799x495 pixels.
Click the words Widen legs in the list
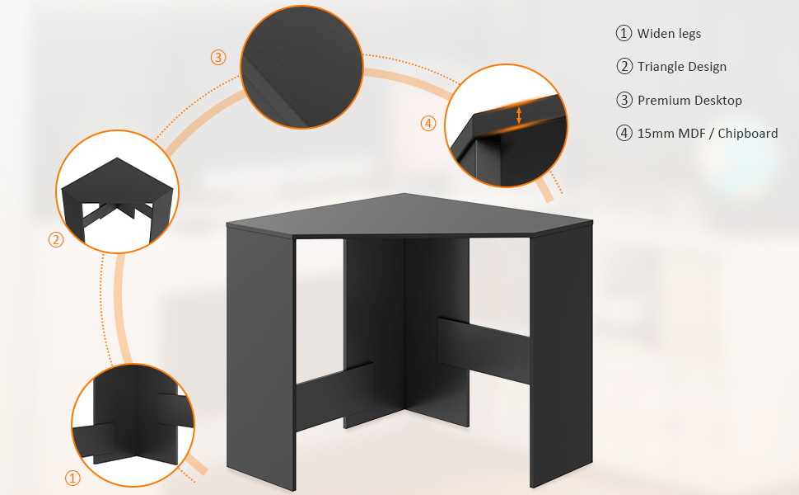[669, 34]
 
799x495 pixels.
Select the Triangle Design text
[682, 67]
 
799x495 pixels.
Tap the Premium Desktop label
[689, 100]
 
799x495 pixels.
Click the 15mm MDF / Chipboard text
[708, 133]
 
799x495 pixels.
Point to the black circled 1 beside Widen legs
[624, 33]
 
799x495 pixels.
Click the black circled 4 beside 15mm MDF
[624, 133]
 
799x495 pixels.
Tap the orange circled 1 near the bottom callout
[72, 478]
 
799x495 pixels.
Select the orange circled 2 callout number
[56, 240]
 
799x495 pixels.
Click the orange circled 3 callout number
[218, 57]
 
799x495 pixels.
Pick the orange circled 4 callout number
[428, 123]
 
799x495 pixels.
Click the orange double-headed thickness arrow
[519, 115]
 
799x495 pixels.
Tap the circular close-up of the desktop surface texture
[301, 67]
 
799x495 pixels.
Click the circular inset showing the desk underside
[117, 191]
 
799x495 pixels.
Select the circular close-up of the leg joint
[133, 425]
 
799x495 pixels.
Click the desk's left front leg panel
[261, 357]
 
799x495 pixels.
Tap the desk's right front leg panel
[561, 357]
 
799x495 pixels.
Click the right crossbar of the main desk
[483, 350]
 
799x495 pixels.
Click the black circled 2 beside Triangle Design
[624, 66]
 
